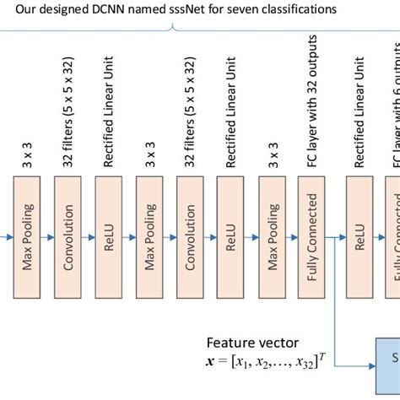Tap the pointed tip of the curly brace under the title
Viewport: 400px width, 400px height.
coord(174,28)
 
